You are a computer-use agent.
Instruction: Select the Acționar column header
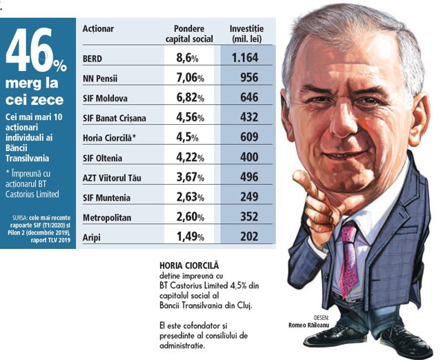[x=98, y=29]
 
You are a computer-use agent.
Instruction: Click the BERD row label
[x=92, y=59]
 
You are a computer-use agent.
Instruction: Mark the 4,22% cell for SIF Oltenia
[x=183, y=158]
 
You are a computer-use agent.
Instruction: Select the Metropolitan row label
[x=105, y=218]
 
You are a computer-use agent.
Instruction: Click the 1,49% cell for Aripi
[x=183, y=238]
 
